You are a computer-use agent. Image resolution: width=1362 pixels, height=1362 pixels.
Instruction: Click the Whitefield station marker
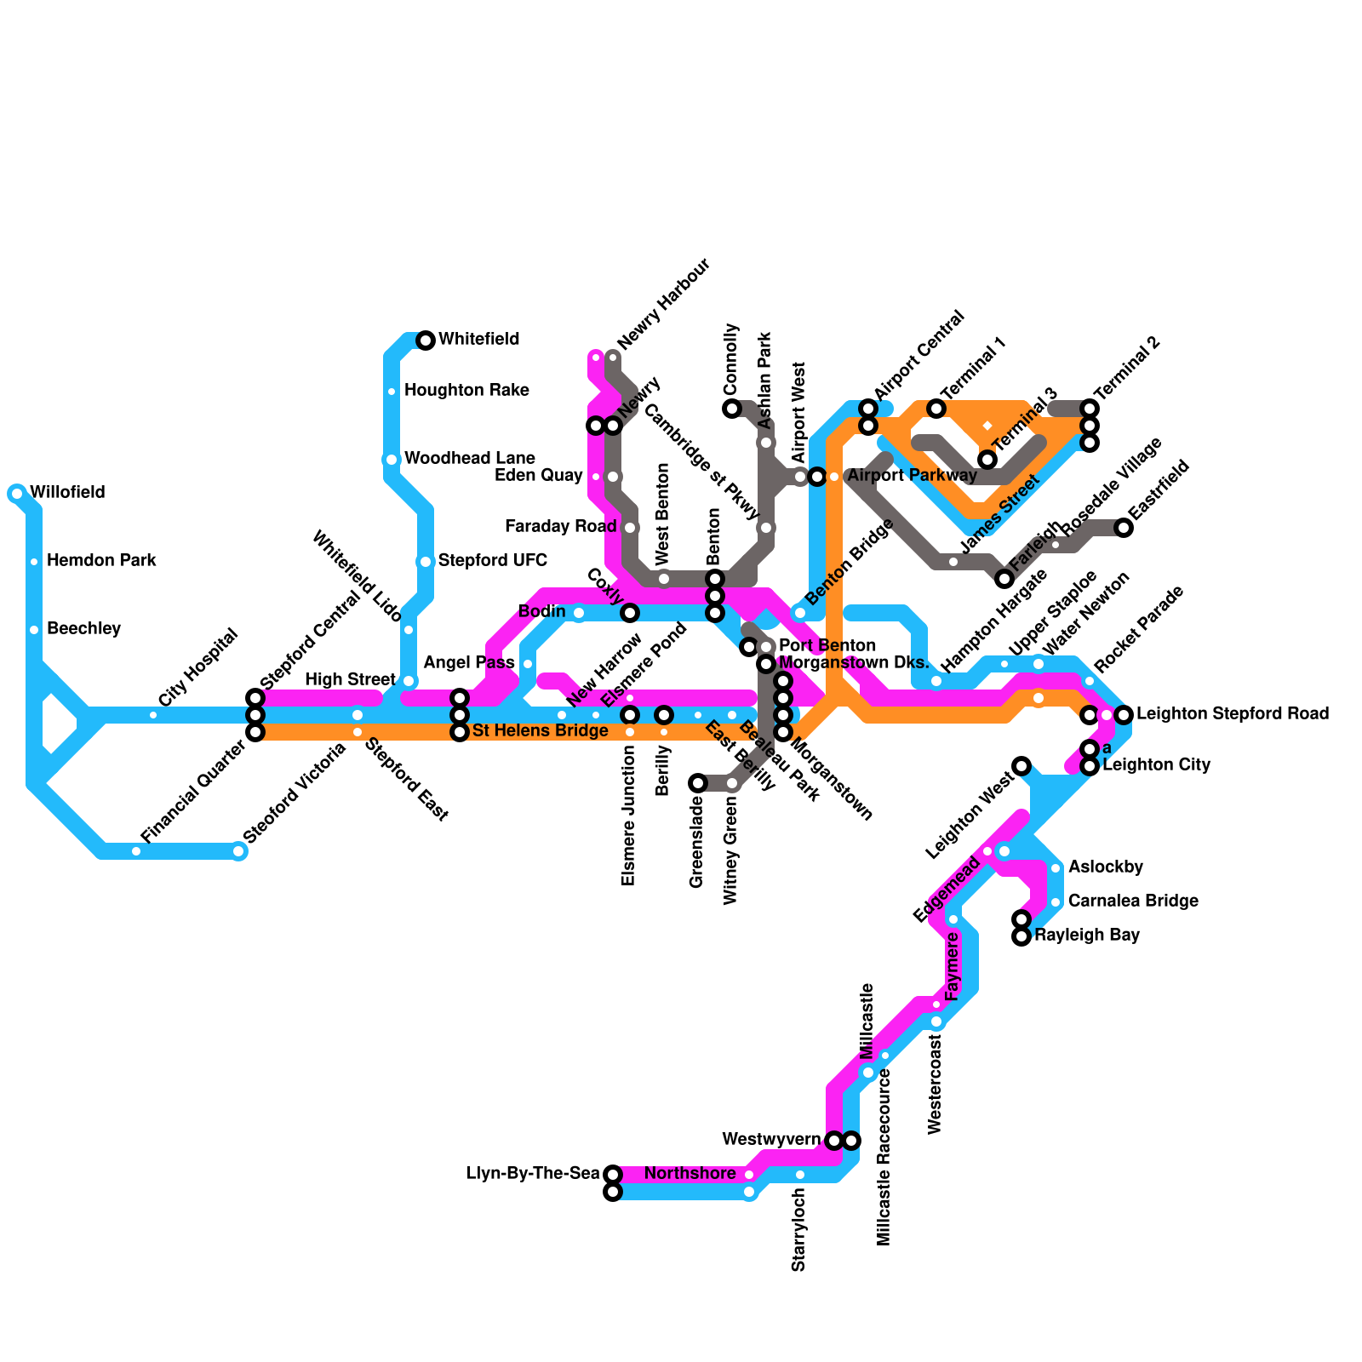426,340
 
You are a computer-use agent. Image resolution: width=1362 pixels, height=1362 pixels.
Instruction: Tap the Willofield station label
67,493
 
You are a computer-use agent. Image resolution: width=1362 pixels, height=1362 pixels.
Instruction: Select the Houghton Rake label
466,391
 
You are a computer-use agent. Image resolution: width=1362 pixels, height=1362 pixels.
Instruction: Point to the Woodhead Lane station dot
392,460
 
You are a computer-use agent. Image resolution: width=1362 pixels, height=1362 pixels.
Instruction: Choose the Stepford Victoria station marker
238,851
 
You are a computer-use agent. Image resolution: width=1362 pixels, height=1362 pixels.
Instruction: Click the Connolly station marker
732,409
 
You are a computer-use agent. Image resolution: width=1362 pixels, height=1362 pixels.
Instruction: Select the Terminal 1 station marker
936,409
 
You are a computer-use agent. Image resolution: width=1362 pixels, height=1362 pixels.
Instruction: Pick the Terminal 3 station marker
987,460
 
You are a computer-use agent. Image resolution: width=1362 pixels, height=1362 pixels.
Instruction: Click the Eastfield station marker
1124,528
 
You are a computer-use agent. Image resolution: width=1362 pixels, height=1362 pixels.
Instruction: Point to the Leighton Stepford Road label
1232,714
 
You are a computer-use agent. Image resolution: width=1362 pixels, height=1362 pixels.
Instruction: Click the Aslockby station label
1105,867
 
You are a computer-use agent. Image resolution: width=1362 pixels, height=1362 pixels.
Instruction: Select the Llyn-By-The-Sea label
533,1174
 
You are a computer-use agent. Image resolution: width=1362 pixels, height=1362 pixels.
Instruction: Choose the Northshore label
690,1174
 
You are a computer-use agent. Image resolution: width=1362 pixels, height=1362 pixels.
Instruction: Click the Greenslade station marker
698,783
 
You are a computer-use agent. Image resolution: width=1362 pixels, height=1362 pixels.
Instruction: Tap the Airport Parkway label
912,476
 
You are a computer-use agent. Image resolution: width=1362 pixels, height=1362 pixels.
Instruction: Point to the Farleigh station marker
1004,579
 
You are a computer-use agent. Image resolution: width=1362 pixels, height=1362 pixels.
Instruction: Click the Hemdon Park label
101,561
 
